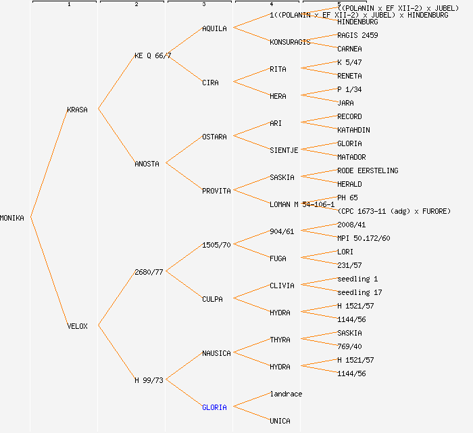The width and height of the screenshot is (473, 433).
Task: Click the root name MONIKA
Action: click(12, 218)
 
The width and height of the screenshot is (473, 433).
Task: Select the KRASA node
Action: click(77, 110)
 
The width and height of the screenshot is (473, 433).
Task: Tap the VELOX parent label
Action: click(77, 326)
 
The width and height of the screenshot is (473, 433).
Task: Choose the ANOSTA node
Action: click(147, 164)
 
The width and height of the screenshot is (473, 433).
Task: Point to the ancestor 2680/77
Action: click(149, 272)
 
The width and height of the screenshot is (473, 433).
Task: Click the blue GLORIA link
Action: click(214, 407)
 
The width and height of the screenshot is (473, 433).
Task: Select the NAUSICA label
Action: click(216, 353)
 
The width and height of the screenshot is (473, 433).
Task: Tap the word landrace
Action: click(286, 394)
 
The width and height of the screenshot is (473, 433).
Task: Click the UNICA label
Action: click(280, 421)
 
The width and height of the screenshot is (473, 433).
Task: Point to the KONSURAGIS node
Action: click(290, 42)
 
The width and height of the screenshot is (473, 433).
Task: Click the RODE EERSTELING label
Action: click(368, 170)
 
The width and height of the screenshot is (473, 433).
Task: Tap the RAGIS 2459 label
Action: click(357, 35)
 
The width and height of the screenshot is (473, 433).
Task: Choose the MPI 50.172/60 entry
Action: click(364, 238)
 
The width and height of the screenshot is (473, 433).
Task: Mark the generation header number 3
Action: click(203, 5)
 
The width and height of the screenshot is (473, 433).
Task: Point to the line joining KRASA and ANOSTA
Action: click(116, 137)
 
